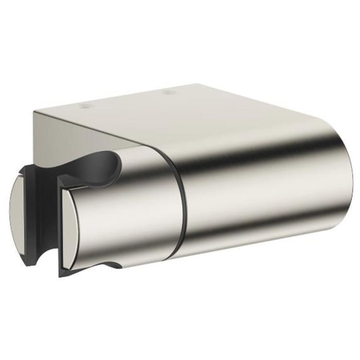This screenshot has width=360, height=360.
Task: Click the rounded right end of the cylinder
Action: point(345,180)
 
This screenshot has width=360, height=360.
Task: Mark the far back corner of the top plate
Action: point(199,84)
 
